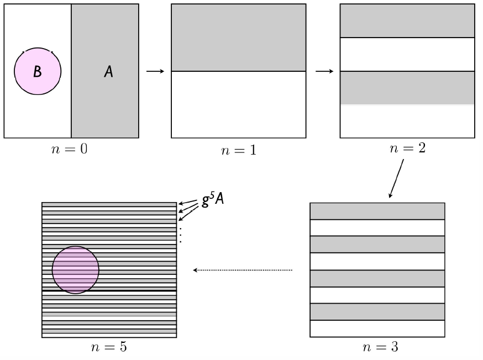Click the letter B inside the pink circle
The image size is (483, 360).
37,72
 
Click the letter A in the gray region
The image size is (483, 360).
109,72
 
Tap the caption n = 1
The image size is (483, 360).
238,150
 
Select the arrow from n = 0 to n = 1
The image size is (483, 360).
155,72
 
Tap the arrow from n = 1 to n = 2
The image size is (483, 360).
324,72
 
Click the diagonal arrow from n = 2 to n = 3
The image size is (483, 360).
396,178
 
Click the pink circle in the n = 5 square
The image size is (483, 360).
76,270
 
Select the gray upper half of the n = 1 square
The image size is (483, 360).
238,38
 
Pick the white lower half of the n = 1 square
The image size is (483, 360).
238,104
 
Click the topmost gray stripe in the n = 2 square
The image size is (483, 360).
407,21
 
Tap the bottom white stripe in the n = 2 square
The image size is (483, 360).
407,121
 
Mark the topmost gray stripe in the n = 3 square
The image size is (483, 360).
377,211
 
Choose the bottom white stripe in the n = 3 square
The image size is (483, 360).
377,329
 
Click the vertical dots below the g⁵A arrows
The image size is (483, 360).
180,235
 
